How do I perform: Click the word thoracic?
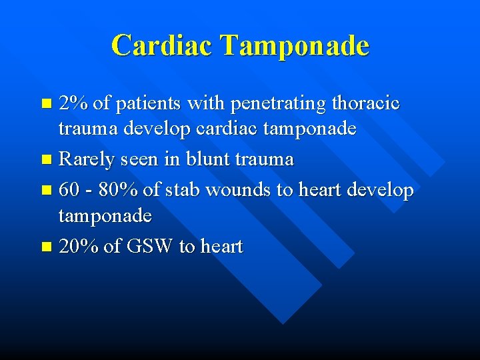pos(365,103)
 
